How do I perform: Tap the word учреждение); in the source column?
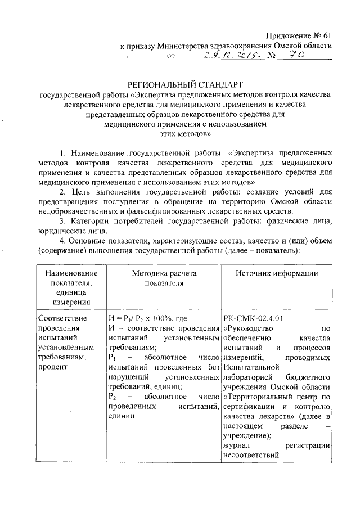[x=247, y=436]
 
